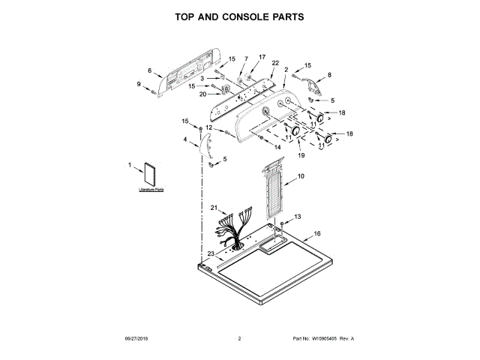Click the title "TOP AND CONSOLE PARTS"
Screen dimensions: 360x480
239,16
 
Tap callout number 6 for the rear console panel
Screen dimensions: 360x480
150,71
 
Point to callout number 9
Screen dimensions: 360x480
139,84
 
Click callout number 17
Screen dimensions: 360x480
262,56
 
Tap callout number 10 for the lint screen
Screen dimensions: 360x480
301,176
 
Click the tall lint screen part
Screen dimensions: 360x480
275,194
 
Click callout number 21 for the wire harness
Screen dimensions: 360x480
214,208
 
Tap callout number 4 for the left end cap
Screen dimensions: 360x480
185,139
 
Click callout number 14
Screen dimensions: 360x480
277,148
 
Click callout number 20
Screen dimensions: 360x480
203,94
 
